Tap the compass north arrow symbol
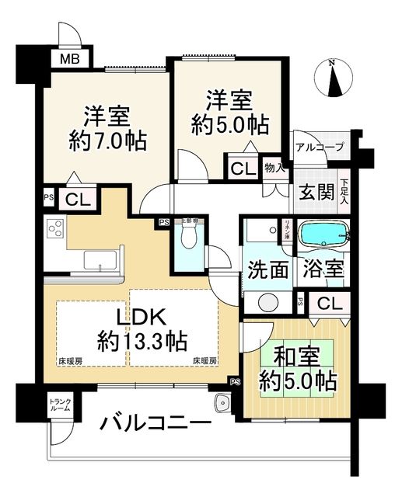(333, 81)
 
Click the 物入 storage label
(274, 166)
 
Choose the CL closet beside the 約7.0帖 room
(76, 200)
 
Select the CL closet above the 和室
(328, 303)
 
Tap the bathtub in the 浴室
(323, 232)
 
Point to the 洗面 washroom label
(267, 269)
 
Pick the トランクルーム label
(60, 404)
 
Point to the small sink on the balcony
(222, 402)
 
